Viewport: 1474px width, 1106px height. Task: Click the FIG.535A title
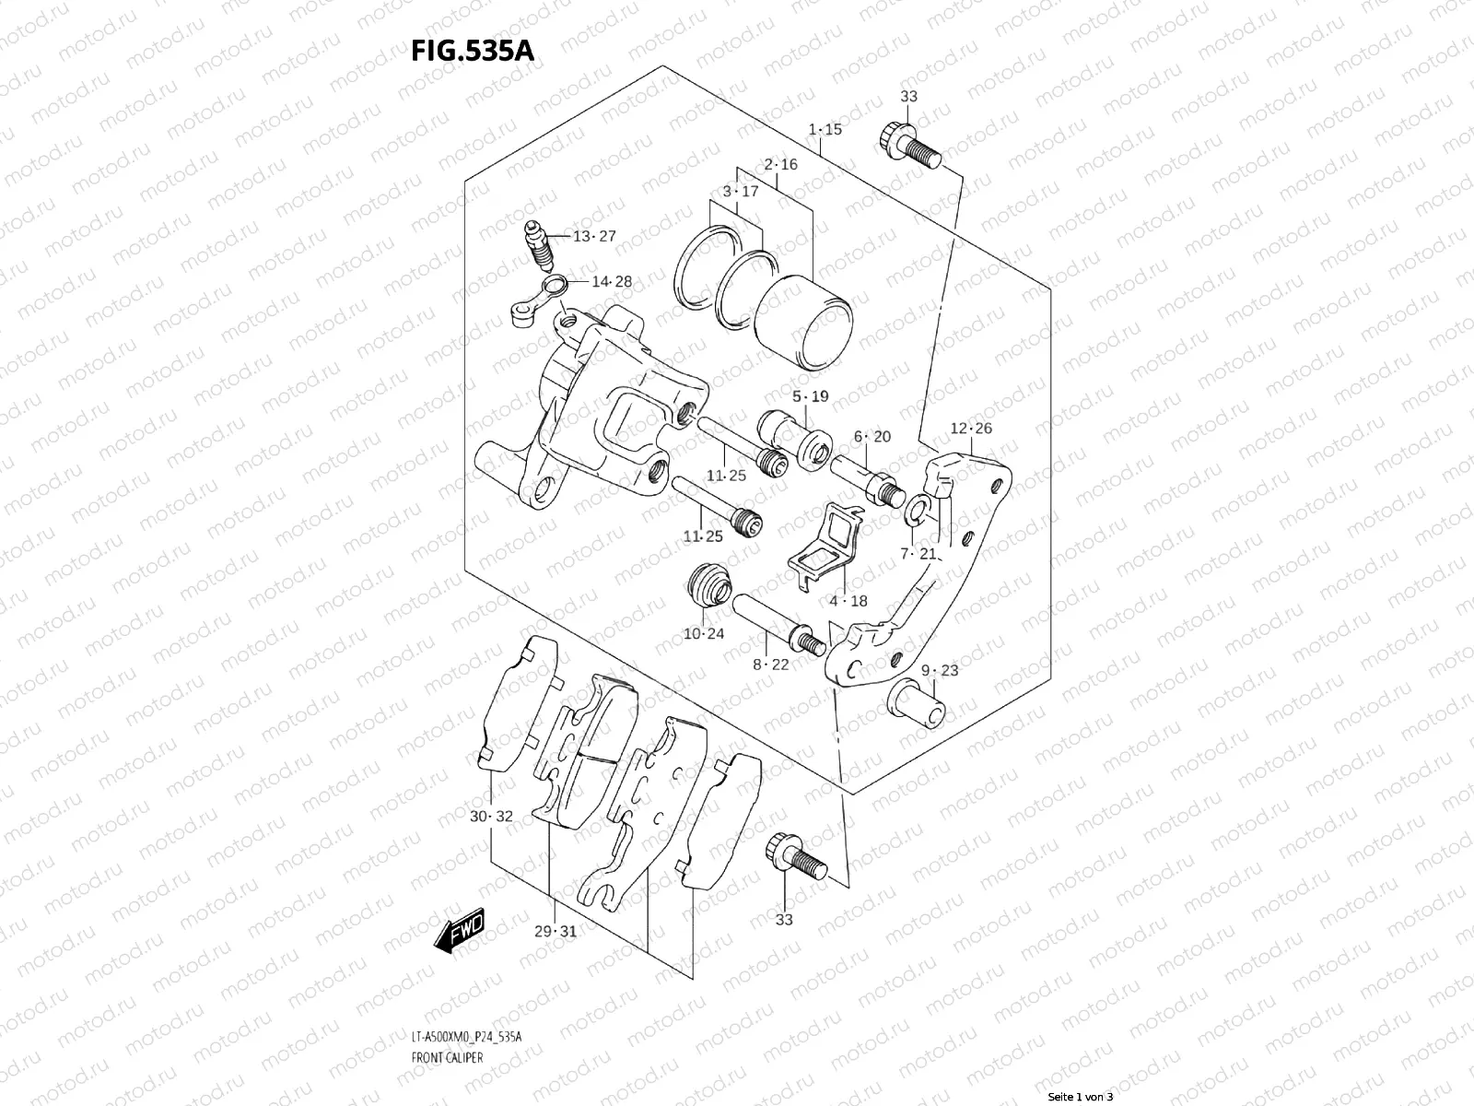click(472, 50)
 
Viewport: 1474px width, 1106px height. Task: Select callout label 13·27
click(593, 236)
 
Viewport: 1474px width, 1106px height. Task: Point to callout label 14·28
click(612, 281)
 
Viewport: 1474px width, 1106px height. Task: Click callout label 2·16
click(780, 165)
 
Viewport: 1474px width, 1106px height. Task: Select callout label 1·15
click(825, 130)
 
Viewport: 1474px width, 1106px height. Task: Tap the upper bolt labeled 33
click(912, 148)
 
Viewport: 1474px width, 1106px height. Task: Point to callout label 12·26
click(971, 428)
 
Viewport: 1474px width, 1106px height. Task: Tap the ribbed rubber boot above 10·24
click(710, 583)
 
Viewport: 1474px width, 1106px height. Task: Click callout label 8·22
click(770, 664)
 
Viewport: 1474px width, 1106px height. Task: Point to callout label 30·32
click(490, 817)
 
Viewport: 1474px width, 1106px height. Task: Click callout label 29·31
click(555, 931)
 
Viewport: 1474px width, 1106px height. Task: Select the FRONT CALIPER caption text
click(447, 1057)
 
